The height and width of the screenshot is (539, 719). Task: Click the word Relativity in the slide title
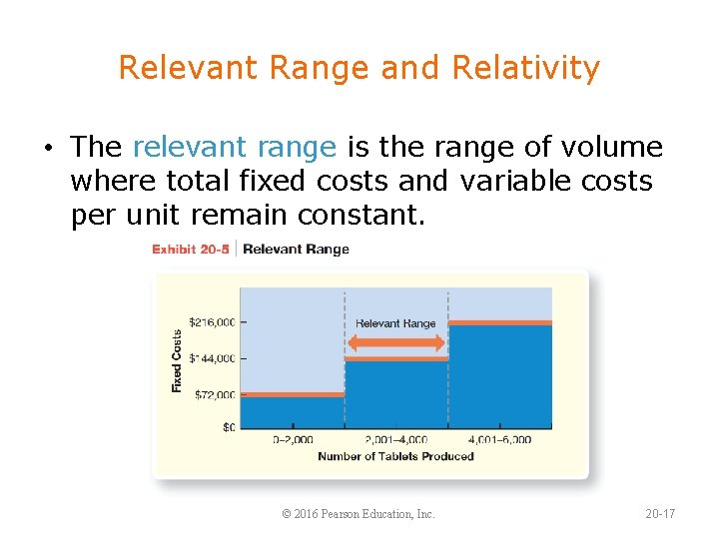525,68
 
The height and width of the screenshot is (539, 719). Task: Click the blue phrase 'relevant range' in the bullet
234,148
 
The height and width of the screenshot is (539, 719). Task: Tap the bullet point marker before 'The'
48,150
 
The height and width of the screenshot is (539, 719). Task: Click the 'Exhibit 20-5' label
190,249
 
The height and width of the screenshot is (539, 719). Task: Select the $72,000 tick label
214,394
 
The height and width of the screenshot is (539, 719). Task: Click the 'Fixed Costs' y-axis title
177,360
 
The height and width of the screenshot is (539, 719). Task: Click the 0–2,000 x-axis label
293,439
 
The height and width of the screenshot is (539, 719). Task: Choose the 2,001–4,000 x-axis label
396,439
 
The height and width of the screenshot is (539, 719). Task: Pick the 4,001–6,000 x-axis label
499,439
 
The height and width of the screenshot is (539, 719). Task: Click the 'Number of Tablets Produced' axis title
395,456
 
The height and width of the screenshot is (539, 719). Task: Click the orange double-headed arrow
395,342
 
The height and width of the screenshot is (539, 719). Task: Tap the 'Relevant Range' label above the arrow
395,323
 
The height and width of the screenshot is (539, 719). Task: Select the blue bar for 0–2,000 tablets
293,412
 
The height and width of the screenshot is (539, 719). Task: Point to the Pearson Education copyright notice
359,514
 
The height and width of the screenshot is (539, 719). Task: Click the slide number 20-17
660,514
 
